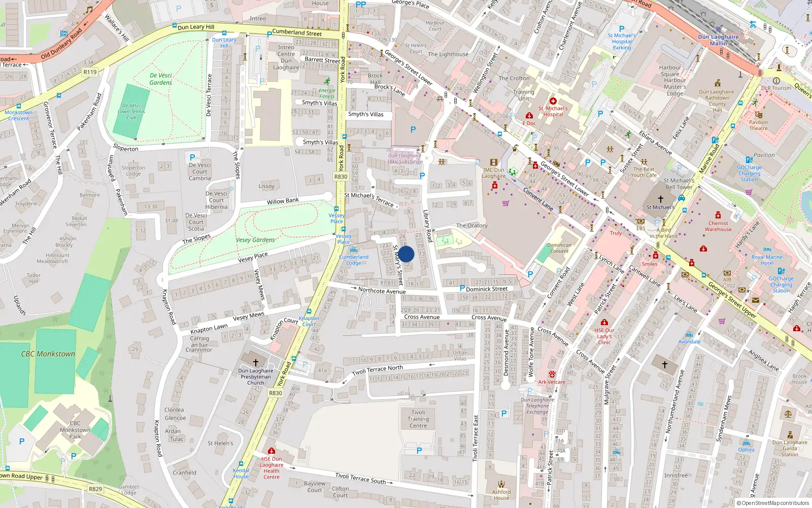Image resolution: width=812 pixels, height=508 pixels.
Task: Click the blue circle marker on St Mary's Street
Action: (x=406, y=254)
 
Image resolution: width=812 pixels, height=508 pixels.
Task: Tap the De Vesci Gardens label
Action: (x=161, y=79)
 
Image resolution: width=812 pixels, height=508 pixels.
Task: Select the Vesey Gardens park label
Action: (x=255, y=240)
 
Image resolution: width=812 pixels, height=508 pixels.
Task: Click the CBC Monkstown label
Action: (x=48, y=354)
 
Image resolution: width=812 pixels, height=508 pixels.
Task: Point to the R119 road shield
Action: (x=90, y=72)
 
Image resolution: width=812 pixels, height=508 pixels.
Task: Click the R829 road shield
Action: (x=95, y=489)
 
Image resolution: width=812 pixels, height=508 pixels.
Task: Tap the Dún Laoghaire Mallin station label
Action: (x=718, y=40)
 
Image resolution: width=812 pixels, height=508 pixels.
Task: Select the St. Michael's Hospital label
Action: (x=553, y=111)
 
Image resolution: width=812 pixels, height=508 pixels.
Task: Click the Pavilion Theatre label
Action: (x=758, y=125)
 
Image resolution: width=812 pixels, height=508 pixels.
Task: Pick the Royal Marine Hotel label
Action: (x=767, y=260)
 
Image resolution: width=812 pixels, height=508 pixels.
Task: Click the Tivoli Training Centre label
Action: (x=418, y=419)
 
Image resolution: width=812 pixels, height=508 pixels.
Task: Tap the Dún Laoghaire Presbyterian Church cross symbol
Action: (x=255, y=362)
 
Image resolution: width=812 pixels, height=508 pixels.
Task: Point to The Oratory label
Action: (x=471, y=226)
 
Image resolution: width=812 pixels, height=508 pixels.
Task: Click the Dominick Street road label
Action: (x=487, y=289)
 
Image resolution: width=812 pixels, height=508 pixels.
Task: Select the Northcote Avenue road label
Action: (x=382, y=291)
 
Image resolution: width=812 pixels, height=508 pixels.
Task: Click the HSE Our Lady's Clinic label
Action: (x=604, y=336)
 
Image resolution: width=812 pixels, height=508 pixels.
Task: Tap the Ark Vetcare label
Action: (x=552, y=382)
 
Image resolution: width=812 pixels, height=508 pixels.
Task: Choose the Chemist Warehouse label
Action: (x=718, y=226)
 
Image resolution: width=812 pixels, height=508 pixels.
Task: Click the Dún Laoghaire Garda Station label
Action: (x=790, y=448)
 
